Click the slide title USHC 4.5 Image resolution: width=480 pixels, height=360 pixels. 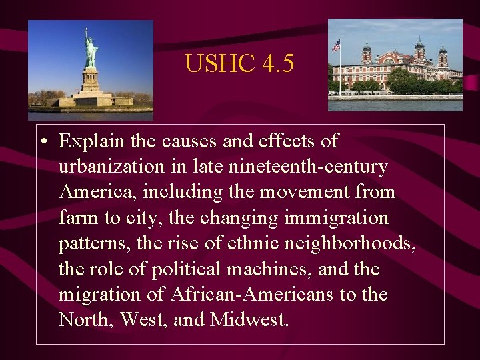click(x=239, y=63)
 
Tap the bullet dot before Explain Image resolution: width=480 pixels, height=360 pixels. click(x=43, y=142)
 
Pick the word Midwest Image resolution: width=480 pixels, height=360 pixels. click(x=249, y=320)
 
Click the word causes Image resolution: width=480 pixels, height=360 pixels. click(x=219, y=141)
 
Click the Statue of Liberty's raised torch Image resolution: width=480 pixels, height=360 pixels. click(x=85, y=30)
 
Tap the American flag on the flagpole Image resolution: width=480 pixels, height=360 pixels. click(x=336, y=45)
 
